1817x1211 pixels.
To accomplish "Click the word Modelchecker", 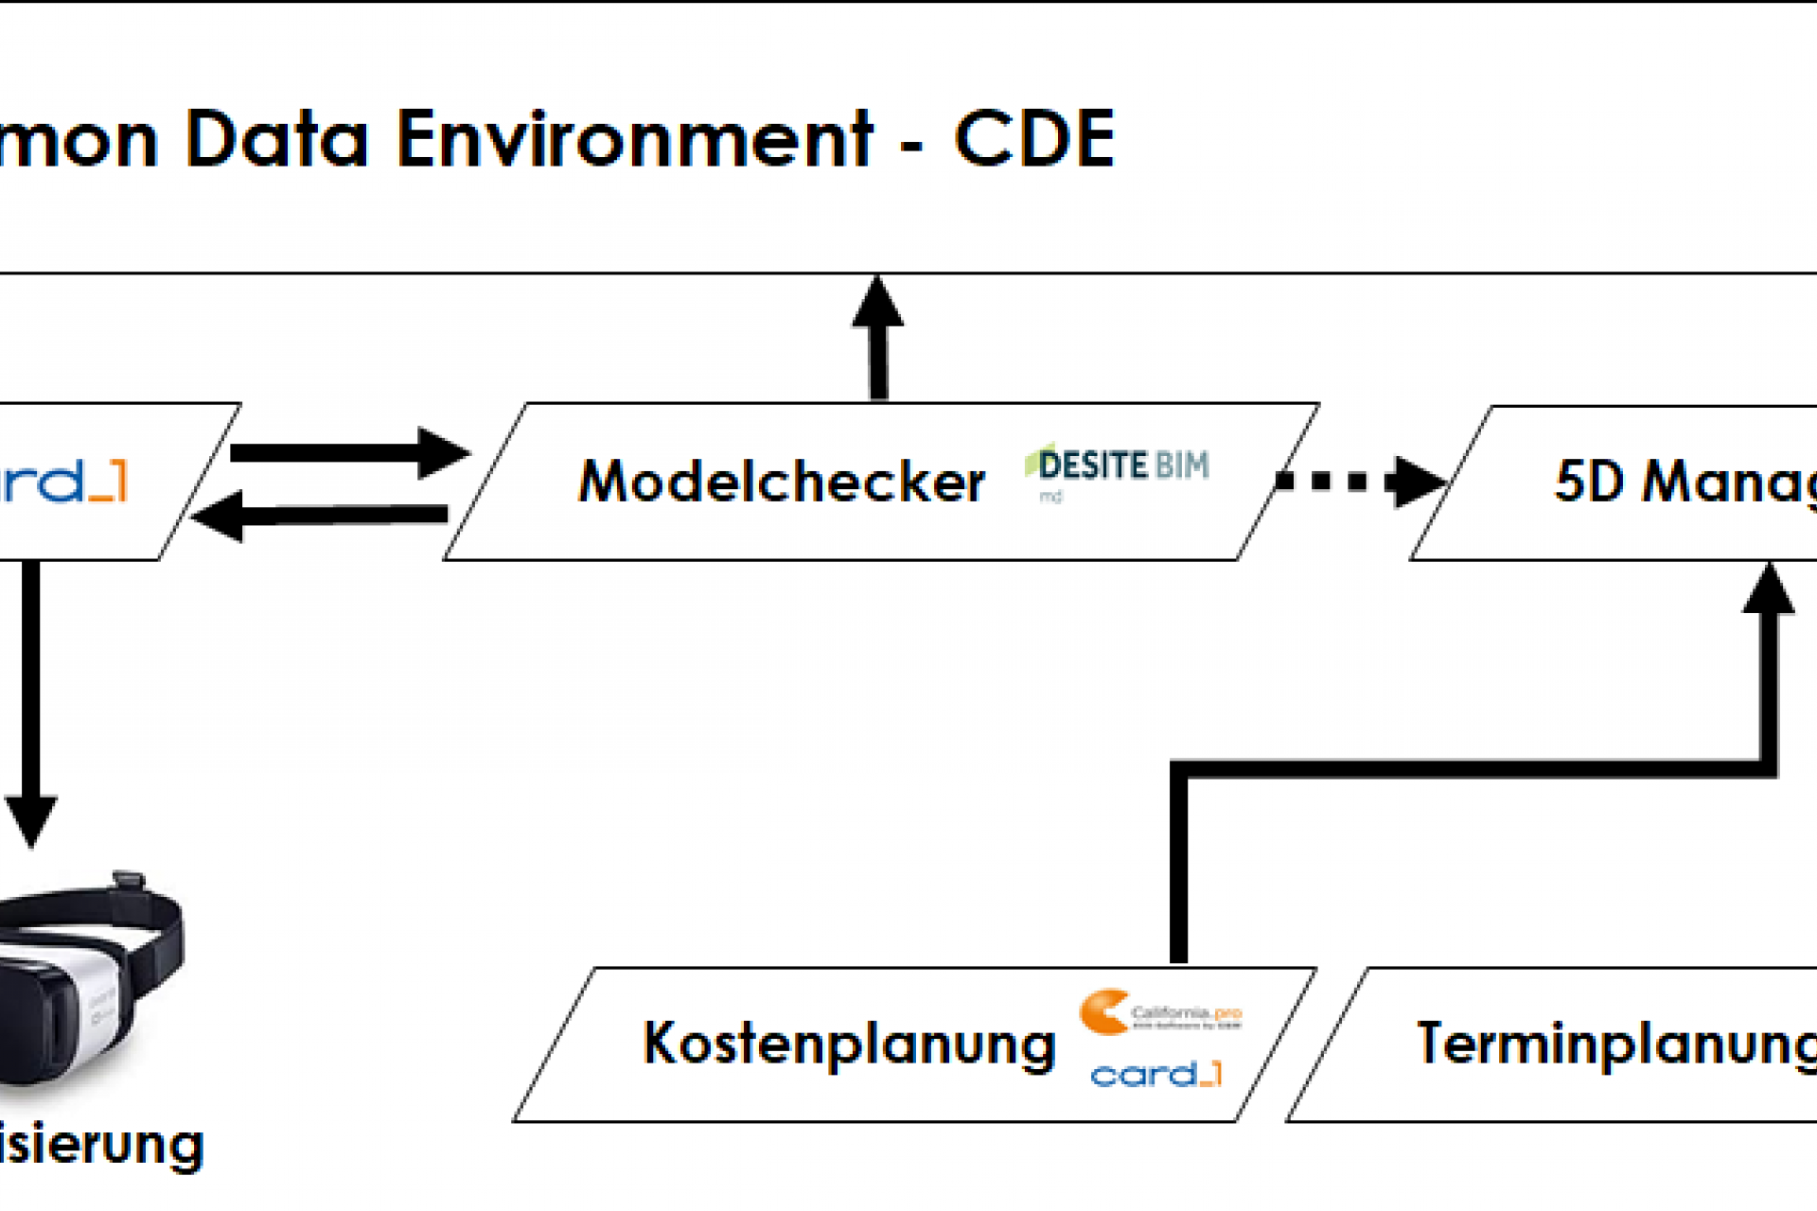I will tap(782, 483).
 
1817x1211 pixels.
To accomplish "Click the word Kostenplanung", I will tap(849, 1044).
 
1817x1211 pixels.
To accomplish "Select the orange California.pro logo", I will tap(1158, 1013).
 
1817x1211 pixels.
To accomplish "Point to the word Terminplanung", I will tap(1614, 1044).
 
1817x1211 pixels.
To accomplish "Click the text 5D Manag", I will tap(1685, 483).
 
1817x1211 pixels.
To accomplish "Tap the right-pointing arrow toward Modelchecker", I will tap(350, 452).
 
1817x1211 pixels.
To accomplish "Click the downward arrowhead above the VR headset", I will tap(31, 819).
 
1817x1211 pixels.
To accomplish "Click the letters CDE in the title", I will tap(1034, 140).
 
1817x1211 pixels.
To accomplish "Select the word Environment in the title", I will tap(634, 140).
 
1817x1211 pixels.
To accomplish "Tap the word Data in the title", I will tap(276, 140).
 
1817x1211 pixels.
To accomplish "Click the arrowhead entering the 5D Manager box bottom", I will tap(1768, 591).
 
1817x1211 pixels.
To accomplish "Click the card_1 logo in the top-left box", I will tap(62, 483).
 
